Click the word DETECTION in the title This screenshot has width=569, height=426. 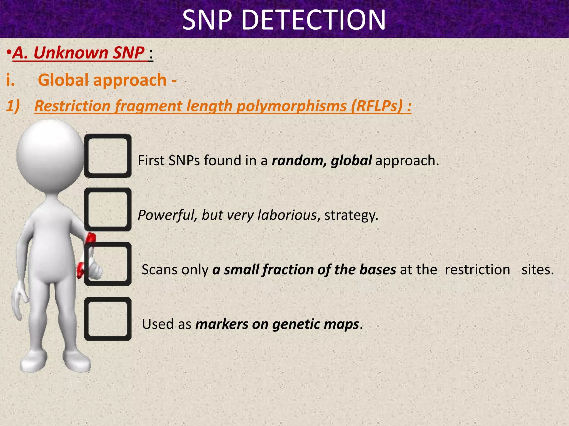pos(314,20)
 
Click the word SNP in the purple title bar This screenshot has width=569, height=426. pos(207,20)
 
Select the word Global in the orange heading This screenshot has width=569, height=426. pos(63,80)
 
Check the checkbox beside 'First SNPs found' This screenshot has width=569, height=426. pos(108,156)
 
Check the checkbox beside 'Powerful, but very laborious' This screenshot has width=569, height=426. pos(108,209)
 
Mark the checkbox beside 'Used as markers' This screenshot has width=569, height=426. pos(108,319)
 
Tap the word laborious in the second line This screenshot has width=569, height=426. pos(287,215)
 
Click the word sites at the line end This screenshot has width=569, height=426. pos(537,270)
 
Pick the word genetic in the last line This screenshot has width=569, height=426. pos(292,324)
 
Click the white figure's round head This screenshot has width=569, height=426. pos(50,155)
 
